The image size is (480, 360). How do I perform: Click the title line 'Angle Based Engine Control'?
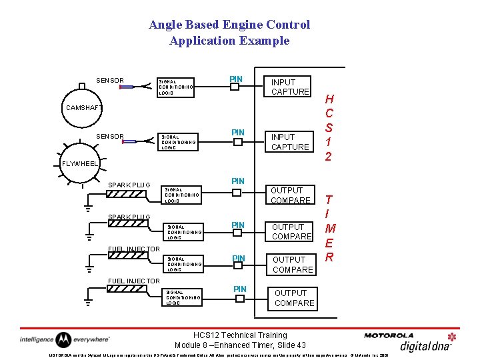229,25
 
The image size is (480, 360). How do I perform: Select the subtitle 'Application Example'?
229,41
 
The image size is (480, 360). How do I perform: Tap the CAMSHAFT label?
85,107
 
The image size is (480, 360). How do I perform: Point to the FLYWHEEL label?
80,163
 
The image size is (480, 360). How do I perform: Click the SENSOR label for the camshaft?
110,81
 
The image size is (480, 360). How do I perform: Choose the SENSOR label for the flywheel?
110,137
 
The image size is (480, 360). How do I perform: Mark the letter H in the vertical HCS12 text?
329,99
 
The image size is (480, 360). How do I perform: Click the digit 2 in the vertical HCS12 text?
329,157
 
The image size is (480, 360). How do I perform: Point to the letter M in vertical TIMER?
329,229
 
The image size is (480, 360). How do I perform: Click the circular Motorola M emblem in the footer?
63,339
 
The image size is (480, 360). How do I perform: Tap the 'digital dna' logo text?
425,345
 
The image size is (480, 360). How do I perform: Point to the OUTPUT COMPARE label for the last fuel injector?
294,298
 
